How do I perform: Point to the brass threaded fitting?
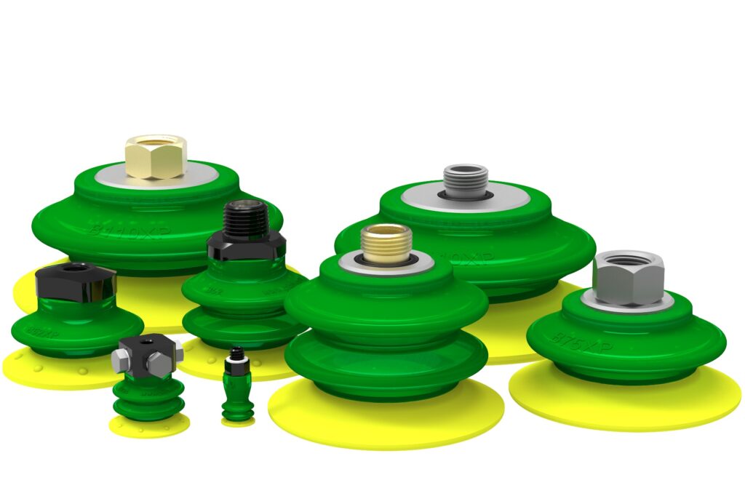[x=386, y=243]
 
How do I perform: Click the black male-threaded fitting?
[x=245, y=219]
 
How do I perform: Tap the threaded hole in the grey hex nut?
[x=628, y=260]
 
